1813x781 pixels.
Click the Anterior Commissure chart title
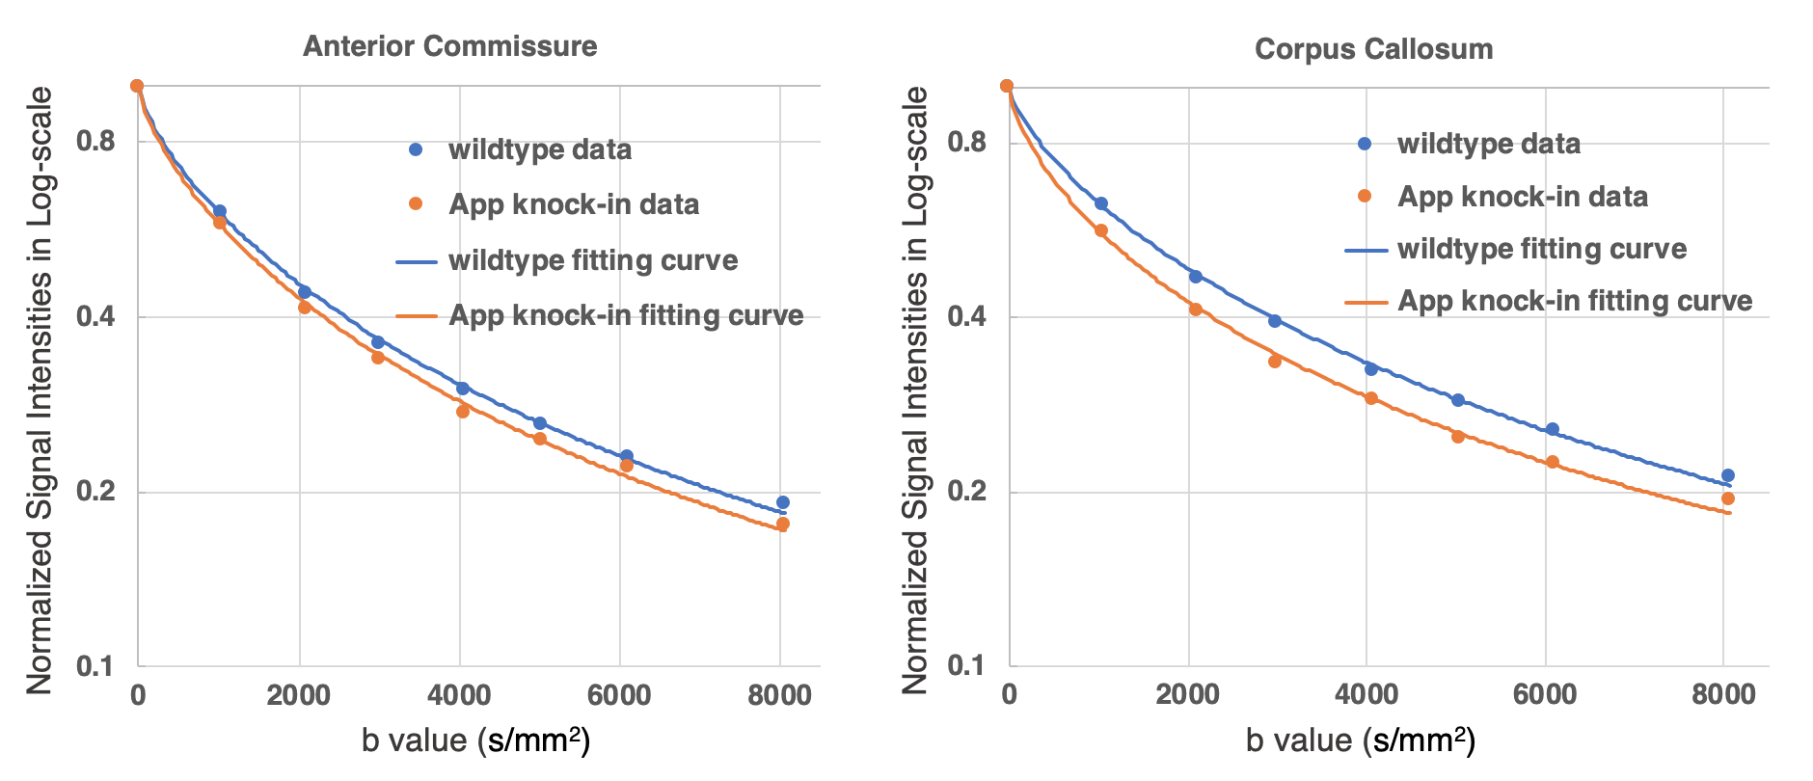[x=449, y=46]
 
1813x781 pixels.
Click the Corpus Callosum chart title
[x=1373, y=49]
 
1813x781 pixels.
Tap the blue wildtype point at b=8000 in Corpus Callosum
[x=1728, y=475]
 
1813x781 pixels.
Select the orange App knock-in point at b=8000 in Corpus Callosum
[x=1728, y=498]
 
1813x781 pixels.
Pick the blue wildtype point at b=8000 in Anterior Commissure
[x=783, y=502]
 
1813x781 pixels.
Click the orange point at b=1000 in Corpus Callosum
[x=1101, y=230]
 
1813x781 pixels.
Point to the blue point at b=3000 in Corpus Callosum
[x=1275, y=321]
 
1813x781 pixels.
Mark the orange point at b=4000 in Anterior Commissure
[x=463, y=412]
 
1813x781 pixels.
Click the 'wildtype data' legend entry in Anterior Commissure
[x=539, y=150]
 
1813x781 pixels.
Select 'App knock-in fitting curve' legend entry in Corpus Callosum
[x=1574, y=301]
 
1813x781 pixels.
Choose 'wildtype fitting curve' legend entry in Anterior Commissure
[x=592, y=260]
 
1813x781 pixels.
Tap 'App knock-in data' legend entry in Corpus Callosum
[x=1522, y=197]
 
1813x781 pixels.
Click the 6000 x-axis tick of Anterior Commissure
[x=619, y=695]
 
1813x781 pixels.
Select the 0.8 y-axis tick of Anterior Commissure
[x=95, y=142]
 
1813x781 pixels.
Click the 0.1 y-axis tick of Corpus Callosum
[x=966, y=665]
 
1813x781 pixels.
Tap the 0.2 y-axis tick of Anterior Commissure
[x=95, y=492]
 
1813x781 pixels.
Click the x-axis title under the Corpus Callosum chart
[x=1361, y=741]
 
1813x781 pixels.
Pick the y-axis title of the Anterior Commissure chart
[x=40, y=390]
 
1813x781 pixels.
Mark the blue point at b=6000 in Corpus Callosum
[x=1553, y=429]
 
